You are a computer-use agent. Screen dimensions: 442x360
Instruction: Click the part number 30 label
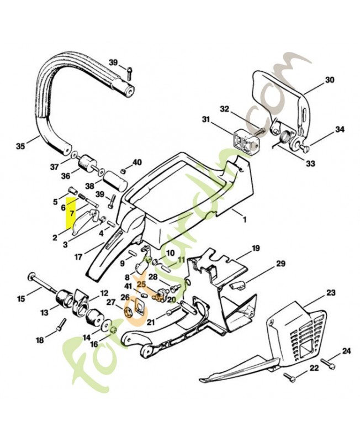330,80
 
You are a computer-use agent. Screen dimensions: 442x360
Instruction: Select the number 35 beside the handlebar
20,146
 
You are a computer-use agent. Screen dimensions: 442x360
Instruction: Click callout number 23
331,292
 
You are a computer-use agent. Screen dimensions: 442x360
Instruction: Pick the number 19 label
256,249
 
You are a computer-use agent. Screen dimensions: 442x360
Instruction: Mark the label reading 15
21,299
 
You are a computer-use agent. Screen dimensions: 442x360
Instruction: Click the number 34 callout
340,130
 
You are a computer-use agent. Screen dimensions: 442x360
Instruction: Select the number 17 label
78,256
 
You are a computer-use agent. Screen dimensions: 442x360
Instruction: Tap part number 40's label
137,162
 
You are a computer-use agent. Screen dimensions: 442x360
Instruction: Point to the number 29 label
280,264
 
